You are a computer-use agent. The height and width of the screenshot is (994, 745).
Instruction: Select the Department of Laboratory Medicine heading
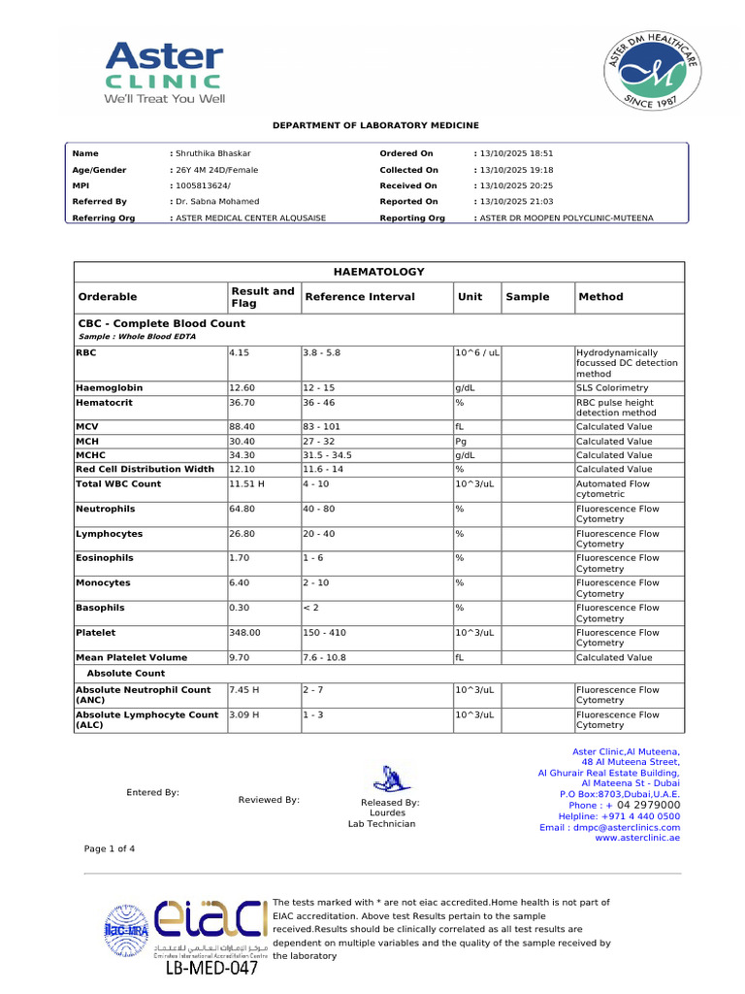[x=375, y=126]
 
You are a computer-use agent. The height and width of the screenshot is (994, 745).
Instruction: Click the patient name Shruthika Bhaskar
[x=212, y=153]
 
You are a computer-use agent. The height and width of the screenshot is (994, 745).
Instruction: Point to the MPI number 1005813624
[x=203, y=185]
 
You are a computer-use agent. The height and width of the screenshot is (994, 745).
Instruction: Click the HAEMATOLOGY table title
[x=379, y=272]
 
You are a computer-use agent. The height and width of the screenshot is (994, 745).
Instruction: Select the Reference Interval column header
[x=359, y=297]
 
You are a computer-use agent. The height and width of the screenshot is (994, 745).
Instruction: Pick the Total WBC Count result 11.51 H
[x=247, y=483]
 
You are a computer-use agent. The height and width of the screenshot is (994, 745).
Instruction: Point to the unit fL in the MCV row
[x=461, y=426]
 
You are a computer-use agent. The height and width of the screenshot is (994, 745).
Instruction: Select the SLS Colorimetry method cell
[x=612, y=387]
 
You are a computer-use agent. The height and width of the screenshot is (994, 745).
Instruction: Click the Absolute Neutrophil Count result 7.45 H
[x=243, y=690]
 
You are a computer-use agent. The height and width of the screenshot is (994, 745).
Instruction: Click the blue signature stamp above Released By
[x=389, y=777]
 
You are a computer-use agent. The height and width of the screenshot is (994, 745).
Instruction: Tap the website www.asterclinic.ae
[x=637, y=838]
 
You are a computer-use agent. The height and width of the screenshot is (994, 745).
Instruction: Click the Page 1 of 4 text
[x=110, y=848]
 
